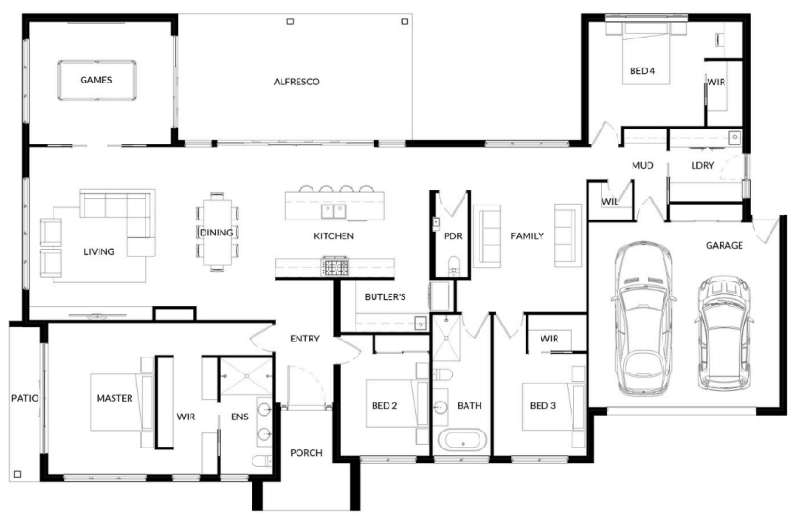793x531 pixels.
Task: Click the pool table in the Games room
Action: pos(97,80)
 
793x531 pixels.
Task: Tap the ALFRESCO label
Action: pos(297,82)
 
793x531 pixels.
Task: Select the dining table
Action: pos(218,232)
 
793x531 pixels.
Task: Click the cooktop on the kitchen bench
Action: pos(335,266)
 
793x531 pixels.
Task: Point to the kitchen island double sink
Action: pos(334,211)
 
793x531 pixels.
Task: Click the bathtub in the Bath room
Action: pos(463,439)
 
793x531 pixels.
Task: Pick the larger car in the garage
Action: pos(642,318)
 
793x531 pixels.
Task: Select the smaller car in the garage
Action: pos(723,333)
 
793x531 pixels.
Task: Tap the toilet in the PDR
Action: pos(453,265)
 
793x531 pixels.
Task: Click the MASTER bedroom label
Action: pos(114,398)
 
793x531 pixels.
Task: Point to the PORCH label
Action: pos(307,453)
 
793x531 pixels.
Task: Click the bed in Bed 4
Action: pos(647,54)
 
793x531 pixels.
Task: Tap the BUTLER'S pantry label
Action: pos(386,296)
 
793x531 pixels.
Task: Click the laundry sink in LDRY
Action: pos(734,137)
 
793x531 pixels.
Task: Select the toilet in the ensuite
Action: pos(262,462)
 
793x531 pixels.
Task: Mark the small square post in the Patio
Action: pos(18,474)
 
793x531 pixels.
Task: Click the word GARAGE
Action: pos(724,245)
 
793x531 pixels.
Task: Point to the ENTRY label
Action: pos(305,339)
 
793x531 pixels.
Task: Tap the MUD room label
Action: pos(642,165)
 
